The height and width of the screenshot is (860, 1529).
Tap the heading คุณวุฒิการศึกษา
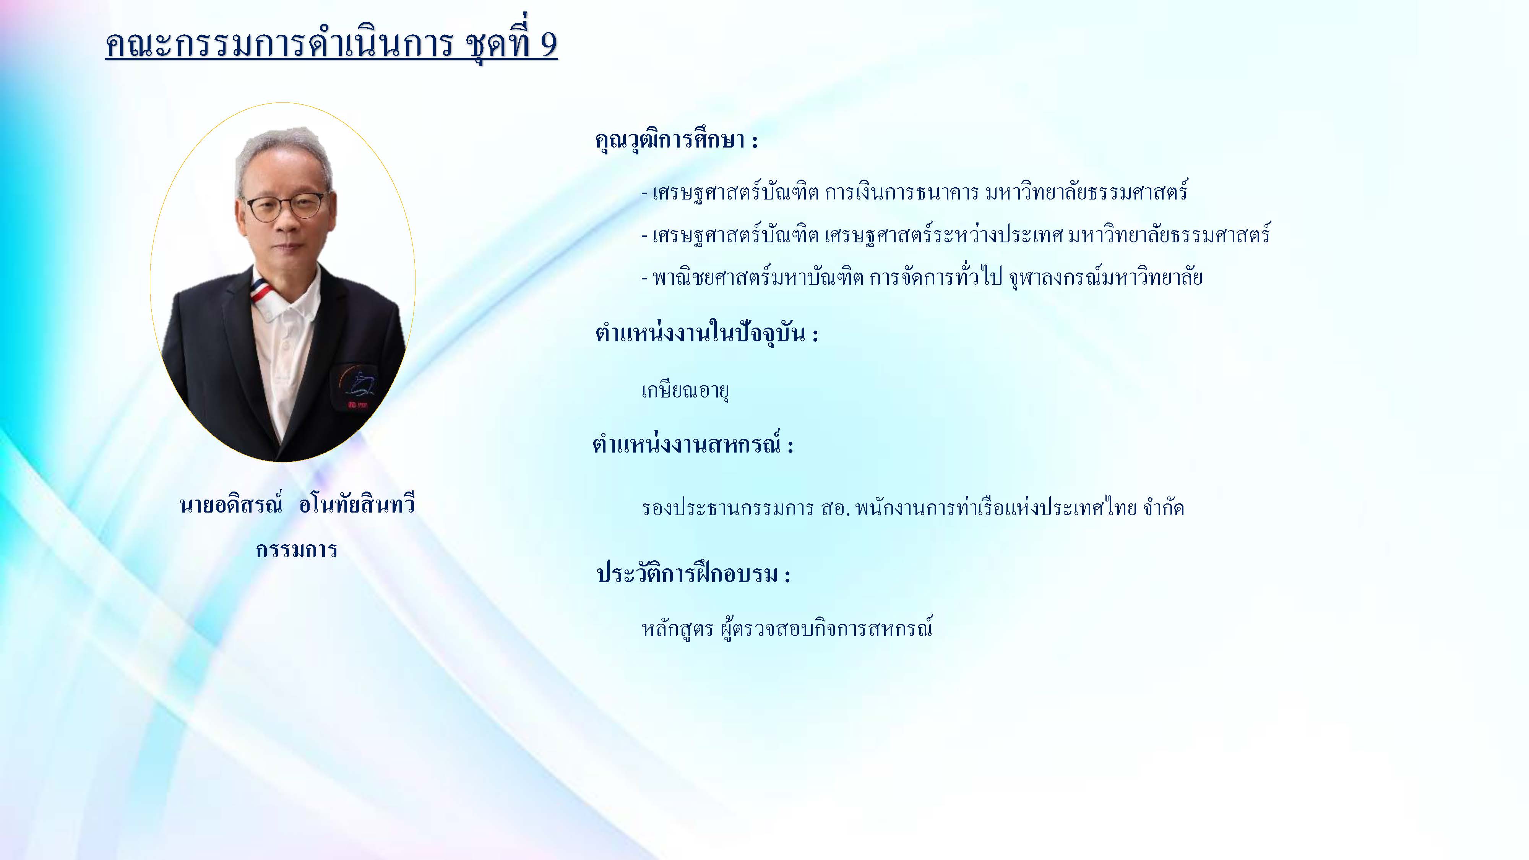(670, 141)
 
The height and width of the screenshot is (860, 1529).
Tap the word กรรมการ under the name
(297, 550)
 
